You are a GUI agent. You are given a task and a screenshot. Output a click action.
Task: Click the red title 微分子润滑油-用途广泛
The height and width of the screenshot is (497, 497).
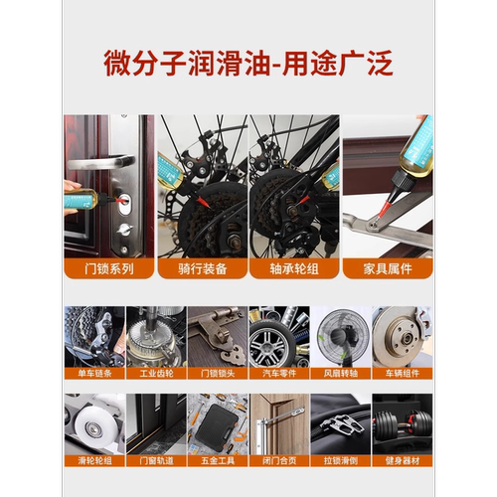[248, 63]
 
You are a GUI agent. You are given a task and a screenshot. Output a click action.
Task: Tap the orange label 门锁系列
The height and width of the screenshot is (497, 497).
[108, 268]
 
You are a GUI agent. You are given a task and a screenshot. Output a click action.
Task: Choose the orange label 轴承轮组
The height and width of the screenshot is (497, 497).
[294, 268]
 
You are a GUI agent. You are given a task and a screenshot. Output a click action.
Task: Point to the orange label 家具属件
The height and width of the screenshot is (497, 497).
[387, 268]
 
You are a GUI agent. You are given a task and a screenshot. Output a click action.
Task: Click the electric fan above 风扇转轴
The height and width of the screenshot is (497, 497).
[340, 338]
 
